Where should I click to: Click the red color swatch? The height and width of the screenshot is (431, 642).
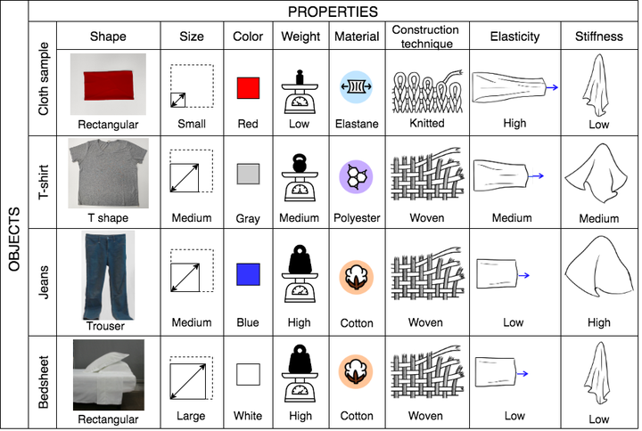coord(248,88)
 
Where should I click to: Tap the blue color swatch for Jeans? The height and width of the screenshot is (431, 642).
coord(248,274)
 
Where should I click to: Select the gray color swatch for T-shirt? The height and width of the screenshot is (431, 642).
coord(248,174)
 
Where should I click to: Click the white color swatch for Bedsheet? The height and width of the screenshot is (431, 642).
coord(248,374)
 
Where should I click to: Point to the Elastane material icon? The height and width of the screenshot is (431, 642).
coord(356,86)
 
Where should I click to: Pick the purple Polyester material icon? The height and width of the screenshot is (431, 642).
coord(356,176)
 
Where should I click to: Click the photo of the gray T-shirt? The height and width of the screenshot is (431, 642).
coord(109,173)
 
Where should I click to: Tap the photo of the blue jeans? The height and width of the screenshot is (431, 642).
coord(109,275)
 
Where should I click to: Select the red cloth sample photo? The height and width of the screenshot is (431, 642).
coord(108,85)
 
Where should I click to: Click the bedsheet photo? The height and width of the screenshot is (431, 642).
coord(109,375)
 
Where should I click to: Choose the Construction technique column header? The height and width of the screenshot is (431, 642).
coord(426,37)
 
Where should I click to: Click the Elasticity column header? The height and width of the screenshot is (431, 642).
coord(514,37)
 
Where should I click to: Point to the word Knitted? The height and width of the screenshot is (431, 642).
coord(426,123)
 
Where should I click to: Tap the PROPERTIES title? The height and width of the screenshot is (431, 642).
coord(333,12)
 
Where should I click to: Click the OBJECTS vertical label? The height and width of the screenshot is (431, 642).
coord(14,240)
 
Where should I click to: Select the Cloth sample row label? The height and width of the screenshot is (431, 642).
coord(43,78)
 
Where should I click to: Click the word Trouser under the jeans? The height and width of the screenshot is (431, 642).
coord(105,326)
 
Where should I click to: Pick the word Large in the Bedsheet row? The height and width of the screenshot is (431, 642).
coord(191,416)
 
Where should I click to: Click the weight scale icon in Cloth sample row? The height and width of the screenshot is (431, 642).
coord(300,92)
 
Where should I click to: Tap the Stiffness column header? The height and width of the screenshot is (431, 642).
coord(599,37)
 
